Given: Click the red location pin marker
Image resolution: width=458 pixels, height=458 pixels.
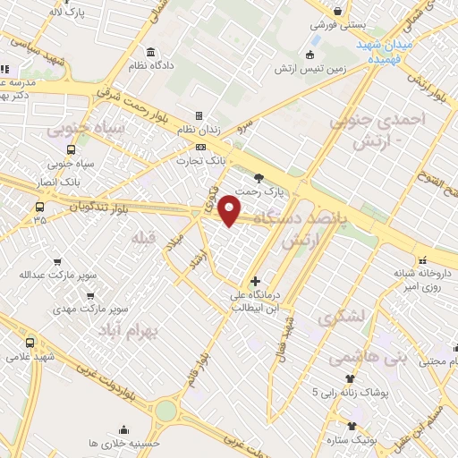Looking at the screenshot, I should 231,212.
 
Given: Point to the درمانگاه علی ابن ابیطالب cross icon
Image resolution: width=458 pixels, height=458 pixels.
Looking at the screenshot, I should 256,282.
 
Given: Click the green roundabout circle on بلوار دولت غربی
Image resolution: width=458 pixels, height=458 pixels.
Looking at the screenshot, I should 167,411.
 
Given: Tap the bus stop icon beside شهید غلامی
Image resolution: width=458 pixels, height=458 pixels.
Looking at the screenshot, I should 30,343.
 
